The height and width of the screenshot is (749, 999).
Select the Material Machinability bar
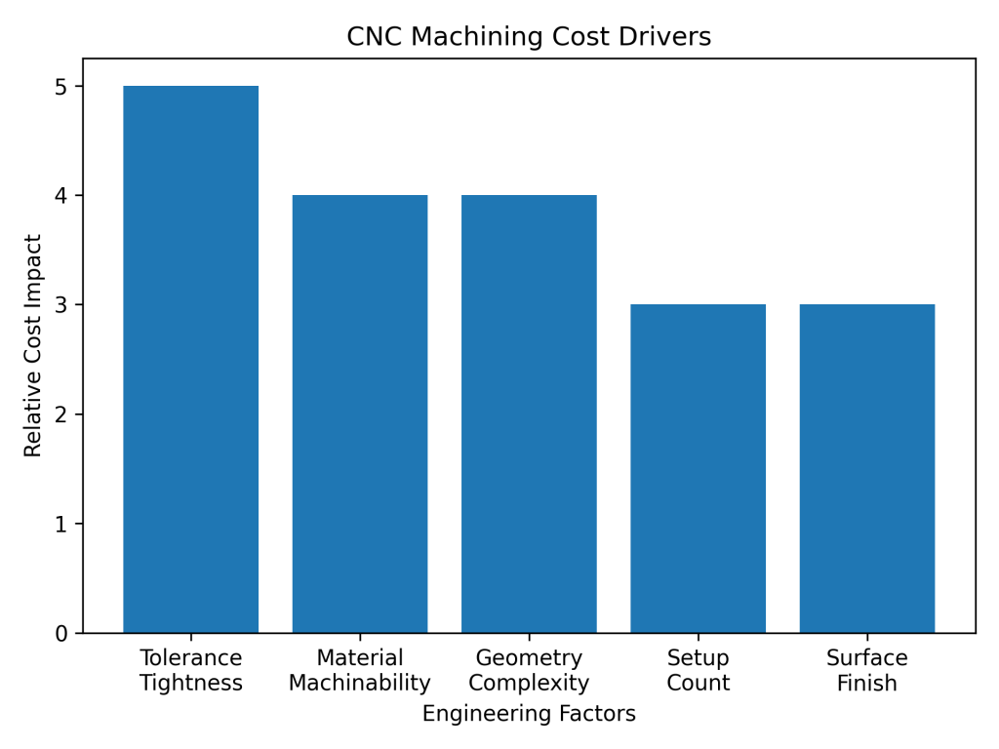(360, 414)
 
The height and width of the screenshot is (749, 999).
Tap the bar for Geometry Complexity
(529, 414)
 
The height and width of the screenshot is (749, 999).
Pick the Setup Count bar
(698, 468)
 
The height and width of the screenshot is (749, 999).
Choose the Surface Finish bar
(866, 468)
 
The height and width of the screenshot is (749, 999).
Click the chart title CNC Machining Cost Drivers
(529, 37)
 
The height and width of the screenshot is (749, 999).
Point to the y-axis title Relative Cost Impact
(34, 345)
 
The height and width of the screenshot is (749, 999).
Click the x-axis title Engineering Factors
(529, 714)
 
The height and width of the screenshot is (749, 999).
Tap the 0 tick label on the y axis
(62, 634)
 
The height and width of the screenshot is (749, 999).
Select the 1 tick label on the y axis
(62, 525)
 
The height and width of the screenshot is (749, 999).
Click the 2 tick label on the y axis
(62, 414)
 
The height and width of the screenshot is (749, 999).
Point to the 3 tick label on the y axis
(62, 305)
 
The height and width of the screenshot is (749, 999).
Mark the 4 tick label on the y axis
(62, 196)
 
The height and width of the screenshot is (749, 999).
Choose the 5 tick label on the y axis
(62, 87)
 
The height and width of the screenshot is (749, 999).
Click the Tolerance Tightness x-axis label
(190, 670)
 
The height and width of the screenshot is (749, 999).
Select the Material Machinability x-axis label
(360, 670)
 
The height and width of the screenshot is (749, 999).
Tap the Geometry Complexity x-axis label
(529, 670)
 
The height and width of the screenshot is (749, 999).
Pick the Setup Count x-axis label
(698, 670)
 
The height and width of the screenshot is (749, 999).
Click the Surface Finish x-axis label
(866, 670)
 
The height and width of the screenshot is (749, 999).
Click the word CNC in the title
(372, 37)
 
